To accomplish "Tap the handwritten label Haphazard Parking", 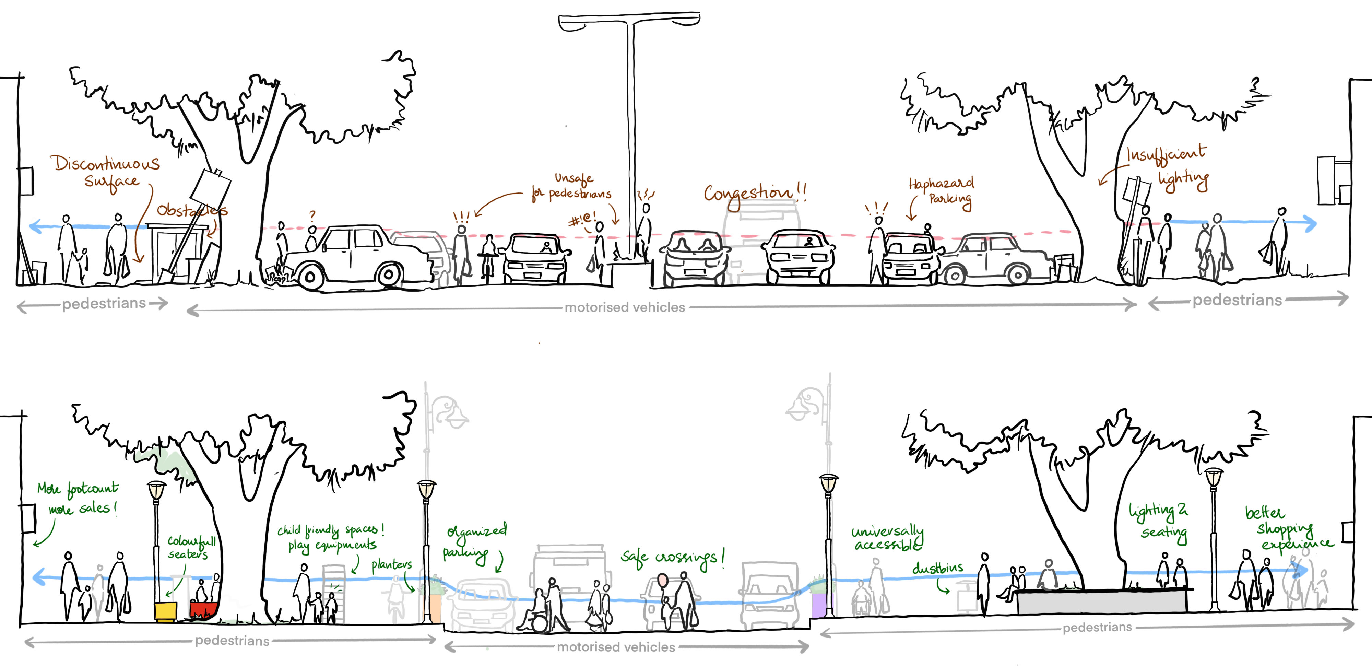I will [x=942, y=191].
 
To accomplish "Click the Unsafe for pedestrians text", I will [x=572, y=186].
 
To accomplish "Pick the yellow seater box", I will [x=165, y=611].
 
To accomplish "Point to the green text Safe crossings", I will [x=672, y=557].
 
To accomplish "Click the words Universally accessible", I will [x=887, y=538].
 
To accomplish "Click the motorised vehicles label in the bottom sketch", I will [x=616, y=647].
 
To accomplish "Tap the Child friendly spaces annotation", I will [x=330, y=537].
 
